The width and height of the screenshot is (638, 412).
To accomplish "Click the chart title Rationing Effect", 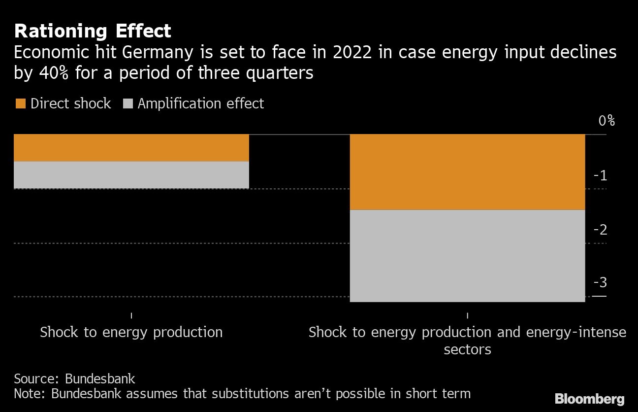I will [x=93, y=31].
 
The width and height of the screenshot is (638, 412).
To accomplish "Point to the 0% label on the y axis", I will [x=607, y=121].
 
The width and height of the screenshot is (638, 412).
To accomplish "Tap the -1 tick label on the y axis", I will [x=601, y=176].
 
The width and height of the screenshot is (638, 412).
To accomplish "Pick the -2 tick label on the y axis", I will [x=600, y=230].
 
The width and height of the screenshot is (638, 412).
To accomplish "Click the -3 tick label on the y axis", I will [x=600, y=283].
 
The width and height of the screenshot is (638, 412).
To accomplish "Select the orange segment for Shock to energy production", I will [x=131, y=148].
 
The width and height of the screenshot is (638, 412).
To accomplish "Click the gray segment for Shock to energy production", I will [x=131, y=175].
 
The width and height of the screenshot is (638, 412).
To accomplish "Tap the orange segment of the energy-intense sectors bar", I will [x=467, y=172].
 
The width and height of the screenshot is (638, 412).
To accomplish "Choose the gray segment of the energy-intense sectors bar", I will [x=467, y=256].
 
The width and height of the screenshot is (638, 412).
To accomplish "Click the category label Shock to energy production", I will [x=131, y=332].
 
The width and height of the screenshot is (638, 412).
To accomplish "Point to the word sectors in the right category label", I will [x=467, y=350].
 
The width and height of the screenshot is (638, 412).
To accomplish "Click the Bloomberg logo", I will [x=589, y=399].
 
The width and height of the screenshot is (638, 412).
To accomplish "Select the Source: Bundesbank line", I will [x=74, y=379].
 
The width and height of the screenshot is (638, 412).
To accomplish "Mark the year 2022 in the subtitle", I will [x=352, y=52].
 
